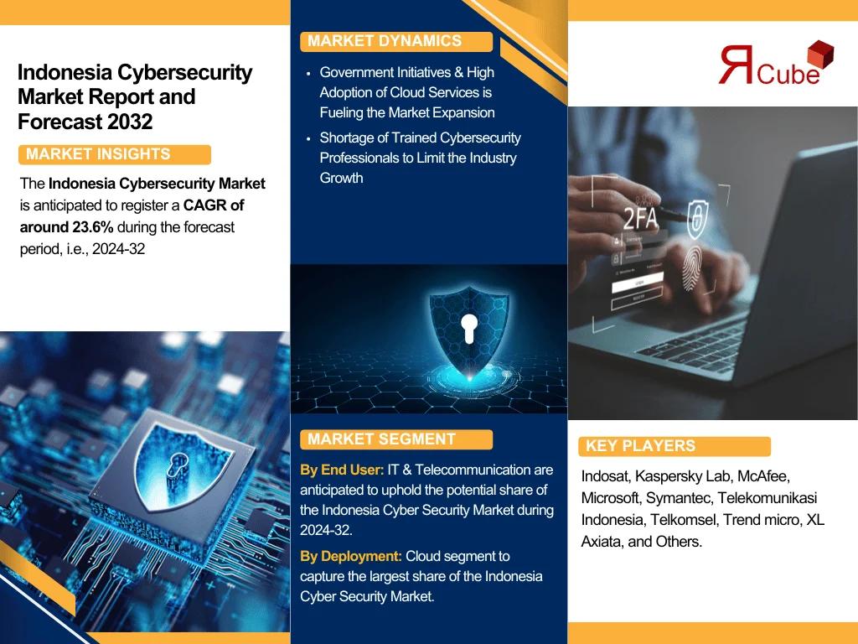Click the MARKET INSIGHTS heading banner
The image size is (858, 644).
pyautogui.click(x=114, y=154)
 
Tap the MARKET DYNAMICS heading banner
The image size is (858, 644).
pyautogui.click(x=396, y=42)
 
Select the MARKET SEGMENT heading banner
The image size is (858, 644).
pyautogui.click(x=396, y=439)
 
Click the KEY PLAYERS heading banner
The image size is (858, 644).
pyautogui.click(x=675, y=446)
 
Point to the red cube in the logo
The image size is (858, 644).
pyautogui.click(x=820, y=55)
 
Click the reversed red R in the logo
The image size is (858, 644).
pyautogui.click(x=737, y=65)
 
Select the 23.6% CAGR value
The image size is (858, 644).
pyautogui.click(x=92, y=227)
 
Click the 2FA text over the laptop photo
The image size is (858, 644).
pyautogui.click(x=640, y=219)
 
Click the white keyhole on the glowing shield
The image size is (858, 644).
pyautogui.click(x=468, y=329)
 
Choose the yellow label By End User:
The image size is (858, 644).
pyautogui.click(x=342, y=470)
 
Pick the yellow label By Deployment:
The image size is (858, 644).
pyautogui.click(x=351, y=557)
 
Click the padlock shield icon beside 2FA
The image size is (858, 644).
pyautogui.click(x=697, y=219)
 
